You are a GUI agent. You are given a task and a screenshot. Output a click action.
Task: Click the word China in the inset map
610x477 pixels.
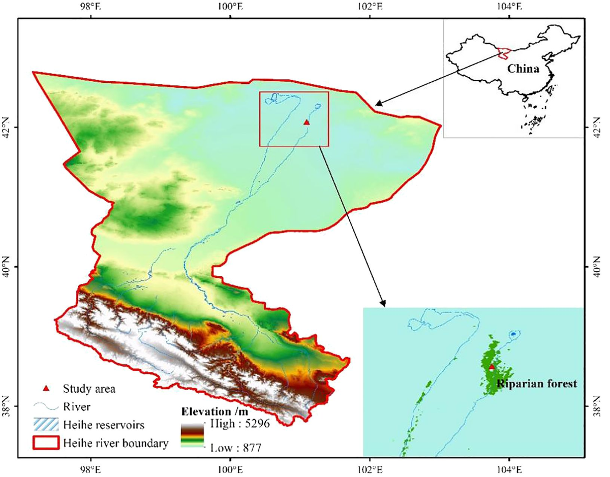(x=522, y=69)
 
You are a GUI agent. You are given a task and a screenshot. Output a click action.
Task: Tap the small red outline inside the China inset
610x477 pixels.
(x=503, y=52)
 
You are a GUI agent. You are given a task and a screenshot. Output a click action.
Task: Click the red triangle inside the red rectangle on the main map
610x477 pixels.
(x=306, y=122)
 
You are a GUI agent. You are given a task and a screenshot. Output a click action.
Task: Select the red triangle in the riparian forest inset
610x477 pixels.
(x=492, y=366)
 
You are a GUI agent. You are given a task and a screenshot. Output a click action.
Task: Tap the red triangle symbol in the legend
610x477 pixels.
(x=46, y=389)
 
